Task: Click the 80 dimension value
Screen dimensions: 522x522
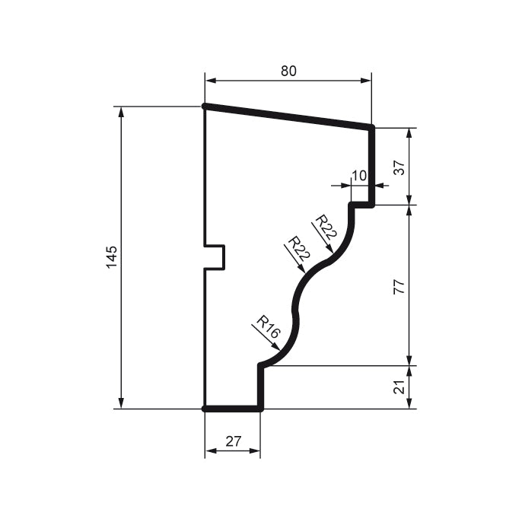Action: point(288,71)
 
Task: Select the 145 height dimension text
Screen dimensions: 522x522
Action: point(112,257)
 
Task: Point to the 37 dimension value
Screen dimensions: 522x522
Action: point(398,167)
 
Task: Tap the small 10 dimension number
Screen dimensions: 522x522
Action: point(359,175)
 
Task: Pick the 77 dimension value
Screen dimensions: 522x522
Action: point(398,286)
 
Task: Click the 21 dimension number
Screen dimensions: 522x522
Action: point(398,387)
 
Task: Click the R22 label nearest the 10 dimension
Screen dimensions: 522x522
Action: point(326,227)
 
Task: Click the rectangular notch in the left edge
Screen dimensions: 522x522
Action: point(215,257)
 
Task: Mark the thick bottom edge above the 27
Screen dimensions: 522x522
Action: point(233,409)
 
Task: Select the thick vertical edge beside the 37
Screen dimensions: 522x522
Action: point(372,166)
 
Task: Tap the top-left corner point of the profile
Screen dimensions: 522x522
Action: point(205,107)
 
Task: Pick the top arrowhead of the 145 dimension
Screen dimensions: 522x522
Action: point(120,111)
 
